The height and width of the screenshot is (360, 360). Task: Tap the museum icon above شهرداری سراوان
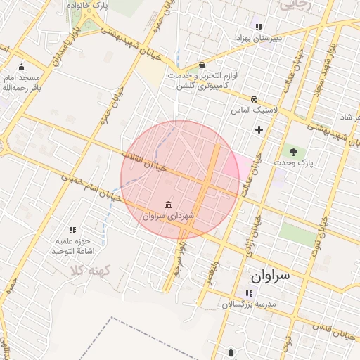pos(167,205)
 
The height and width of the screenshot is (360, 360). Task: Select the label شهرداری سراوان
pos(167,217)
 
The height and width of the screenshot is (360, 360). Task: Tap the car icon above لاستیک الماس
pos(254,99)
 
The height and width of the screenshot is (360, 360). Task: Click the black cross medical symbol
pos(259,129)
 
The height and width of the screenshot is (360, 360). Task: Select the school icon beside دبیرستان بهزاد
pos(258,26)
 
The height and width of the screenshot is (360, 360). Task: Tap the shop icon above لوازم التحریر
pos(202,65)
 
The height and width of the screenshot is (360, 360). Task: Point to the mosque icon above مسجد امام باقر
pos(21,67)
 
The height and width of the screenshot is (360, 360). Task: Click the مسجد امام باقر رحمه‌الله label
pos(21,83)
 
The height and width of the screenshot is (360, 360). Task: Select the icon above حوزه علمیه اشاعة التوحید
pos(72,229)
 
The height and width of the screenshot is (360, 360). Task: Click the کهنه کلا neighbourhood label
pos(87,270)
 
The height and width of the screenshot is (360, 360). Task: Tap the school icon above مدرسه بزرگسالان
pos(248,293)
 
